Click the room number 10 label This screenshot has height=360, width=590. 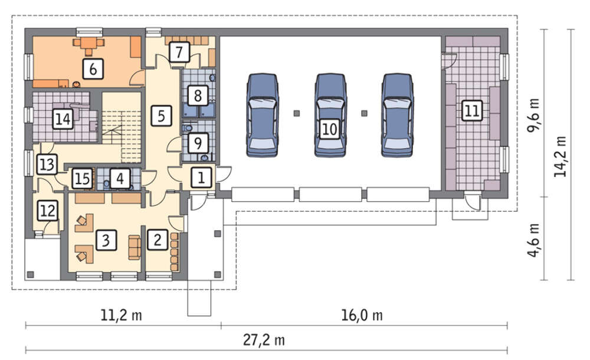pyautogui.click(x=330, y=129)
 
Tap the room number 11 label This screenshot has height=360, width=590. pyautogui.click(x=472, y=111)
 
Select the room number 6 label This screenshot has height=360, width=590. pyautogui.click(x=93, y=68)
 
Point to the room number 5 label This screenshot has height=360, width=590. pyautogui.click(x=162, y=116)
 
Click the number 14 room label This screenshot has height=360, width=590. pyautogui.click(x=63, y=119)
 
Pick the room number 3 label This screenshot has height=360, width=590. pyautogui.click(x=106, y=240)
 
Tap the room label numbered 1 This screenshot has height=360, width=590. pyautogui.click(x=201, y=178)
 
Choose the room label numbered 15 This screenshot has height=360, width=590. pyautogui.click(x=83, y=178)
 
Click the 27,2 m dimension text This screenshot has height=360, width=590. pyautogui.click(x=264, y=340)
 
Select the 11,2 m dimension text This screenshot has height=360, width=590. pyautogui.click(x=121, y=315)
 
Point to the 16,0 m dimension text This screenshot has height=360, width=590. pyautogui.click(x=362, y=315)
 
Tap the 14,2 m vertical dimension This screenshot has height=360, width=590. pyautogui.click(x=560, y=156)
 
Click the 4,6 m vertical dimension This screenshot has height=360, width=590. pyautogui.click(x=533, y=240)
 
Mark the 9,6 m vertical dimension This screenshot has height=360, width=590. pyautogui.click(x=533, y=115)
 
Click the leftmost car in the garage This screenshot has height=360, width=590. pyautogui.click(x=263, y=115)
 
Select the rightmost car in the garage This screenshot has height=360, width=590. pyautogui.click(x=397, y=115)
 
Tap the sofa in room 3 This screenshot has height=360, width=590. pyautogui.click(x=135, y=247)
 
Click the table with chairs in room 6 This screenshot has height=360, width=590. pyautogui.click(x=88, y=44)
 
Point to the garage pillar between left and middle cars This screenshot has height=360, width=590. pyautogui.click(x=297, y=113)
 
